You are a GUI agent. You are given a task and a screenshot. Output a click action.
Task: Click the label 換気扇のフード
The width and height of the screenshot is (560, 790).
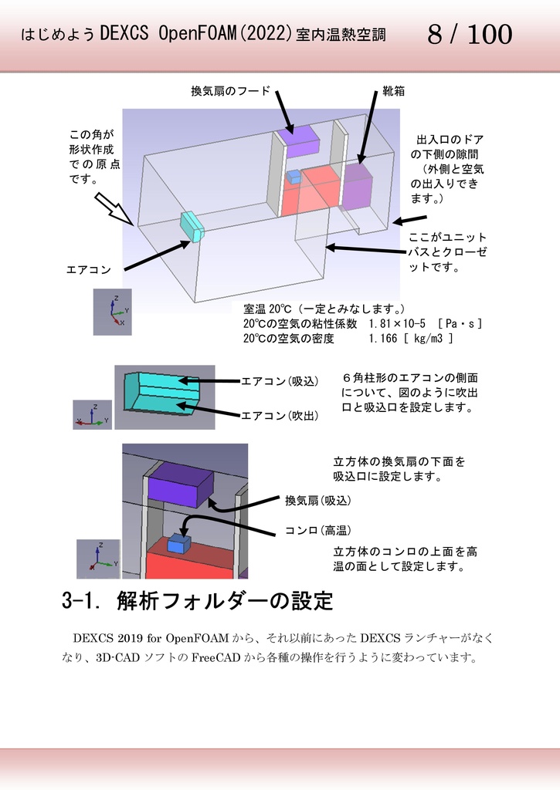(230, 92)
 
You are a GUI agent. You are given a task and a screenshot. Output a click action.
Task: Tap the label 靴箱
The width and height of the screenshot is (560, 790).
(393, 92)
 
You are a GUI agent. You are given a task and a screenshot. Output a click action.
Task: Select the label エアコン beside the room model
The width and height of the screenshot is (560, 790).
(89, 270)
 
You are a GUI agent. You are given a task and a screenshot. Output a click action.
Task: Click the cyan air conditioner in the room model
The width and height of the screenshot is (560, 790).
(193, 225)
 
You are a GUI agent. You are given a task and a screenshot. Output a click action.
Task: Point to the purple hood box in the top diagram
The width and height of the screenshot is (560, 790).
(298, 140)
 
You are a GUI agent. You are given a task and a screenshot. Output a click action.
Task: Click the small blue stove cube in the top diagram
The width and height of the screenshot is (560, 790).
(294, 177)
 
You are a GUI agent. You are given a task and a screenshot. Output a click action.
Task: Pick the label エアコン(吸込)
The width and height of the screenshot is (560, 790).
(280, 381)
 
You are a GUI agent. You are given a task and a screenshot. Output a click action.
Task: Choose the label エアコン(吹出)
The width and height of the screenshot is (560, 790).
(280, 416)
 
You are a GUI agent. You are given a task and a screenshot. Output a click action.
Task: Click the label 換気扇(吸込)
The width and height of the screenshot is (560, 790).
(317, 501)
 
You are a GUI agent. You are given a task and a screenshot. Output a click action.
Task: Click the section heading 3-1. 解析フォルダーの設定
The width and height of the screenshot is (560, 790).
(197, 601)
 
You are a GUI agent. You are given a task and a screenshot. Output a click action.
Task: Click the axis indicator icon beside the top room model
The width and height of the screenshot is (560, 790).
(113, 312)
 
